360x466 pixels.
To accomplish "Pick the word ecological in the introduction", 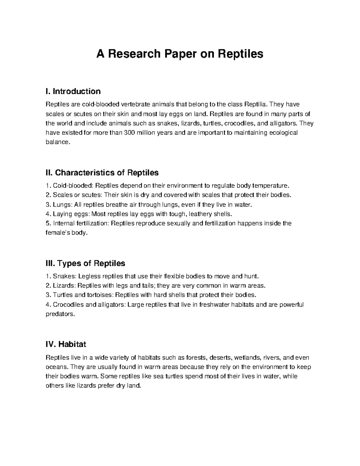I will [x=284, y=133].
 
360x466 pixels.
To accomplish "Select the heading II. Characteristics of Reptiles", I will [x=102, y=173].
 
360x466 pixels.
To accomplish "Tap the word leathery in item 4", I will [x=201, y=214].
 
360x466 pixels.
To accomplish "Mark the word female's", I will [x=57, y=233].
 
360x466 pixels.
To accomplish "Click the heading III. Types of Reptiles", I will [x=85, y=263].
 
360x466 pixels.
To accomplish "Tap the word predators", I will [x=59, y=314].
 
